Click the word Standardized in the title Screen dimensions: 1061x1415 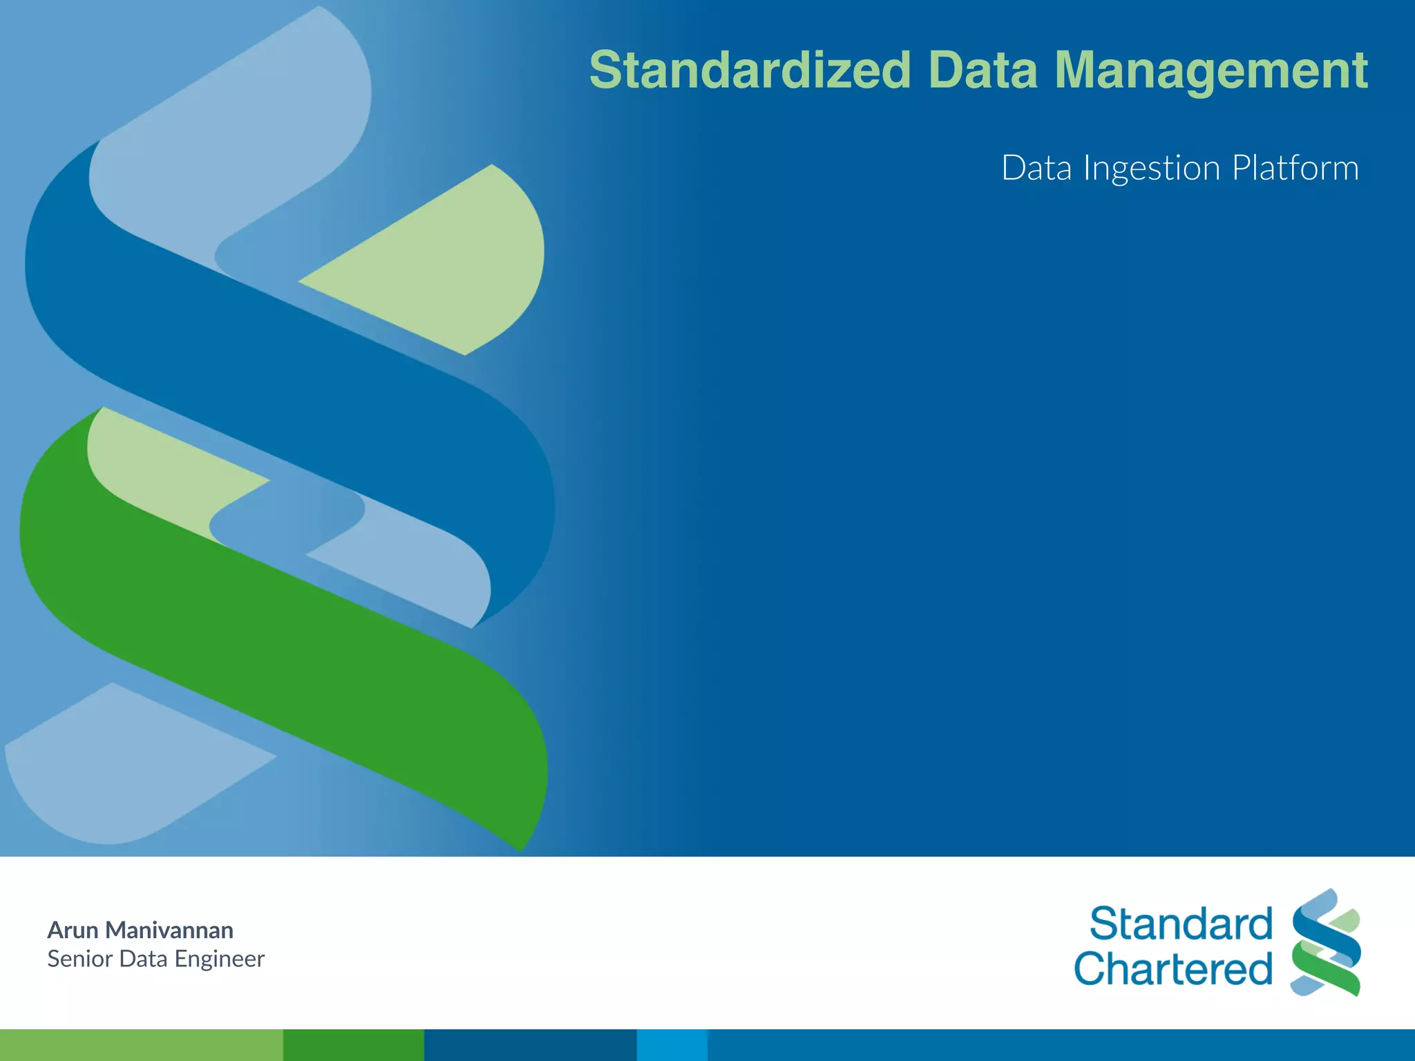[x=750, y=70]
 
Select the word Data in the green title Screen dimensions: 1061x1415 [x=982, y=70]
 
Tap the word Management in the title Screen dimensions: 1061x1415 [x=1210, y=70]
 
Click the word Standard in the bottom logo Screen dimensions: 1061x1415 [x=1181, y=924]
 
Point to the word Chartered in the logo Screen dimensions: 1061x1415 [x=1173, y=968]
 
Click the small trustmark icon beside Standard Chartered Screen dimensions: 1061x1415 [x=1325, y=942]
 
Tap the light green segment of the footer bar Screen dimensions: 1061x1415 [x=141, y=1044]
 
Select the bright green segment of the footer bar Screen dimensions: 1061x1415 [x=353, y=1044]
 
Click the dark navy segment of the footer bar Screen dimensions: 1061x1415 [x=530, y=1044]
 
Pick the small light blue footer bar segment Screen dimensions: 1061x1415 [x=672, y=1044]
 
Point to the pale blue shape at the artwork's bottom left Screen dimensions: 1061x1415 [x=117, y=767]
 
